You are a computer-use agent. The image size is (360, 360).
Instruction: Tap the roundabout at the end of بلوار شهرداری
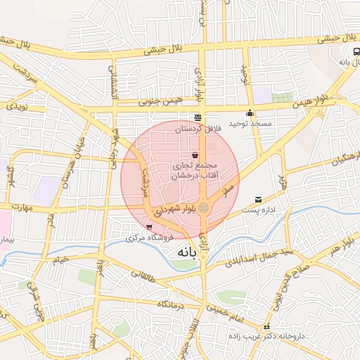pyautogui.click(x=203, y=208)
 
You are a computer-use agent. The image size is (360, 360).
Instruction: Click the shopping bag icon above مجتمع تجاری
pyautogui.click(x=195, y=155)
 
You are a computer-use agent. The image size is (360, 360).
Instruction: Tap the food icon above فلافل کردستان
pyautogui.click(x=197, y=117)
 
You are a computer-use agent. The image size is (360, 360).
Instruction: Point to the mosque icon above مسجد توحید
pyautogui.click(x=250, y=113)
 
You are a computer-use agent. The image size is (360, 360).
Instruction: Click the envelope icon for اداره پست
pyautogui.click(x=259, y=200)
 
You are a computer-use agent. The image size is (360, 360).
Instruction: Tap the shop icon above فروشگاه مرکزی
pyautogui.click(x=149, y=226)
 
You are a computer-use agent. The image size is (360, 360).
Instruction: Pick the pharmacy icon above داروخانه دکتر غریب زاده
pyautogui.click(x=266, y=327)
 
